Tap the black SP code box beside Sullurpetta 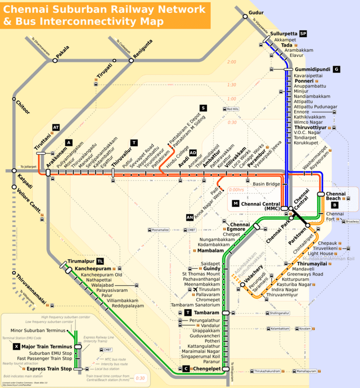click(303, 33)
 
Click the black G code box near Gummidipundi click(336, 69)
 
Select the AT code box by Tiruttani click(56, 128)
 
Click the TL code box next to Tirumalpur click(100, 261)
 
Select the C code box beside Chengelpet click(185, 369)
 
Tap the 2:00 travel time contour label click(231, 62)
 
